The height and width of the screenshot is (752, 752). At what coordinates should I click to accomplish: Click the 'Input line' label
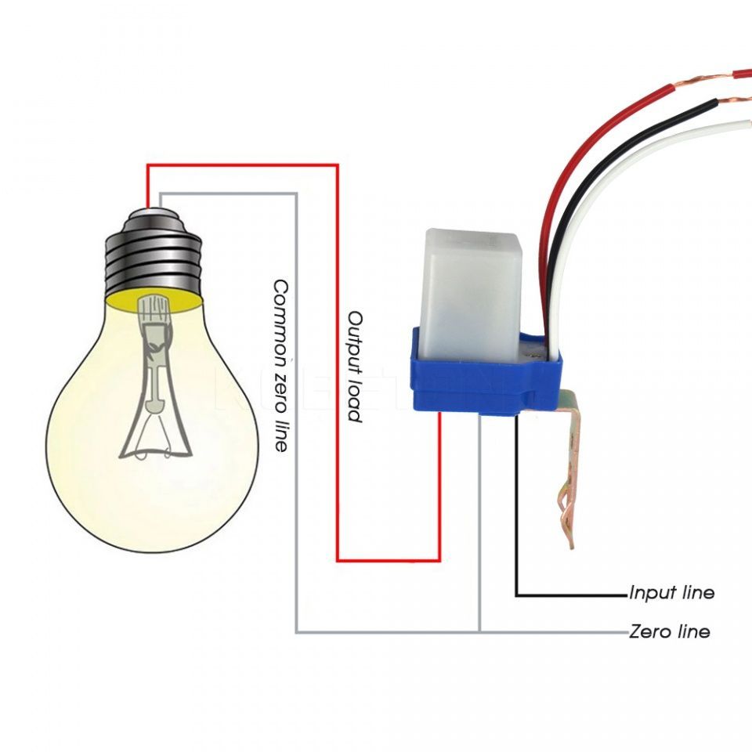click(671, 593)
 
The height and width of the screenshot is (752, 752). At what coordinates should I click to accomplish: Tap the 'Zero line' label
click(669, 631)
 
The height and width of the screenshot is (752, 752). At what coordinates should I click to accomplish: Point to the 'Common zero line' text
click(280, 365)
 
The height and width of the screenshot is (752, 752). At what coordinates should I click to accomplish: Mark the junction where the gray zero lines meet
click(479, 631)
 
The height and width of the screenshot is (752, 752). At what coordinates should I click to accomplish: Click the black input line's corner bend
click(517, 595)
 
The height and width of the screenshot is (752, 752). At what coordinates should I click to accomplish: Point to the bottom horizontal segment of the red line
click(388, 561)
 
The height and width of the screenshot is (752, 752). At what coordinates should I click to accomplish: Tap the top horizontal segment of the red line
click(243, 164)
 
